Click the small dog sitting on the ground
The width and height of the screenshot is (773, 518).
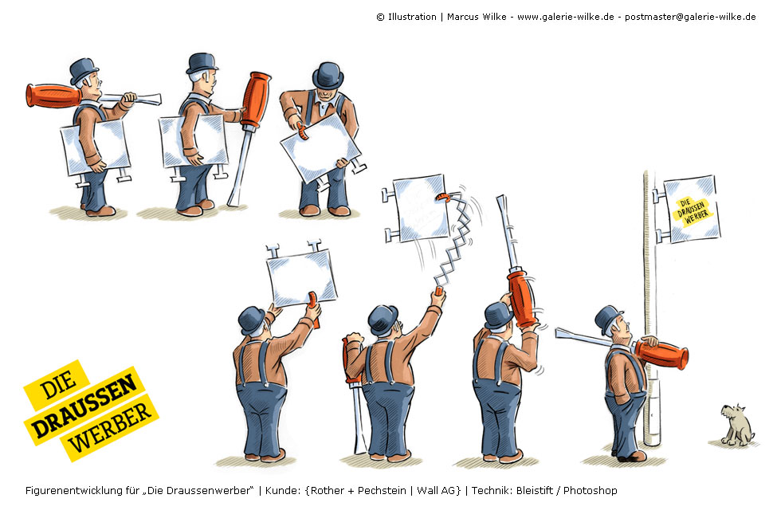coord(736,425)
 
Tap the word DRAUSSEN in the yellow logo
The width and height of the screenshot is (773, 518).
coord(84,406)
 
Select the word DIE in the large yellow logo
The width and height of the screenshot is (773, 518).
coord(58,385)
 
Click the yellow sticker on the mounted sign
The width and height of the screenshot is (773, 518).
coord(693,211)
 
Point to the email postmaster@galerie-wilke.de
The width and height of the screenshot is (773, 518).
coord(690,17)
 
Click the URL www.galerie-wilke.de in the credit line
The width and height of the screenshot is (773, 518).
coord(566,17)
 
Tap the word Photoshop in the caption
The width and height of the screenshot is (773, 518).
coord(590,491)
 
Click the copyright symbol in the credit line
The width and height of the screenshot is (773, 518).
coord(380,18)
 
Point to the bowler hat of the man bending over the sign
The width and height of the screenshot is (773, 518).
coord(328,76)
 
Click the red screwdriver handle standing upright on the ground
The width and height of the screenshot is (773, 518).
coord(256,100)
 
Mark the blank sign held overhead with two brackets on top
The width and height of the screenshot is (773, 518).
coord(301,274)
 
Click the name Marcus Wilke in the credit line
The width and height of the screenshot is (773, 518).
coord(477,17)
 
